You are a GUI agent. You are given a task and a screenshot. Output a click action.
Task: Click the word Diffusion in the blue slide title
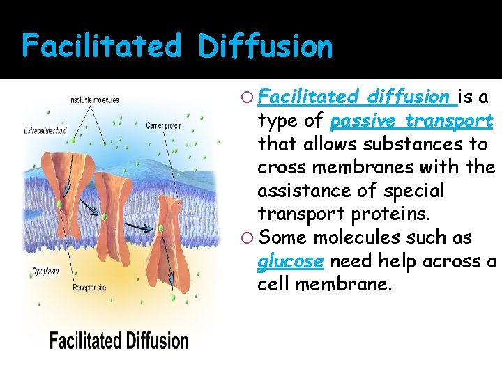265,46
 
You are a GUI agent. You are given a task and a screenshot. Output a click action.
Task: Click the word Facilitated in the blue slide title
102,46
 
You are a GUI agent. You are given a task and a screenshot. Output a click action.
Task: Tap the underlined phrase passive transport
411,120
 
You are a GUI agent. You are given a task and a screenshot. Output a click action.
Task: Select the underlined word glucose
290,262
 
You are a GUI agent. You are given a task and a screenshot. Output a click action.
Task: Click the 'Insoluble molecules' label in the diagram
93,100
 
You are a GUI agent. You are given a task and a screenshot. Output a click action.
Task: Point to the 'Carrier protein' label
165,125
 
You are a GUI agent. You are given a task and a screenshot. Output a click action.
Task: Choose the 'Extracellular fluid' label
45,130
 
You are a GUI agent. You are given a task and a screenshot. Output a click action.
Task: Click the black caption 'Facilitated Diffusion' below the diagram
119,340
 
